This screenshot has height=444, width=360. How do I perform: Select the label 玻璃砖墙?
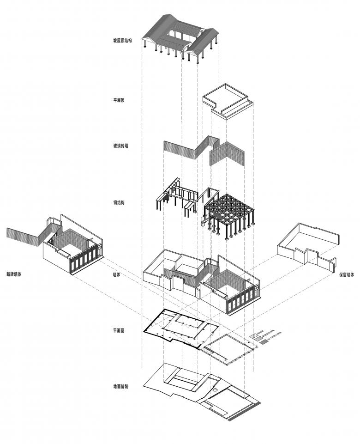click(121, 146)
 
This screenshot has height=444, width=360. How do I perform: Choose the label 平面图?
click(119, 331)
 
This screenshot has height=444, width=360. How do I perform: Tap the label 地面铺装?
click(120, 386)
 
